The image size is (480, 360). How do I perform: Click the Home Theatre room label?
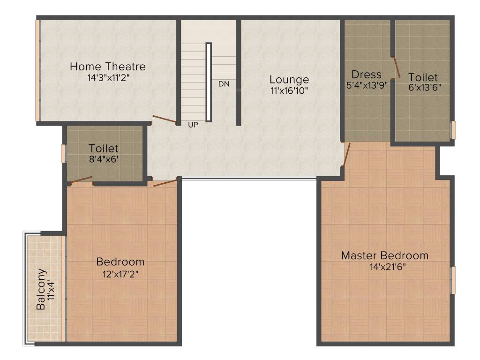[108, 67]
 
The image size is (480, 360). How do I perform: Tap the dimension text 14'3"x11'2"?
[108, 78]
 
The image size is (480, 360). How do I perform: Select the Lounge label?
[289, 80]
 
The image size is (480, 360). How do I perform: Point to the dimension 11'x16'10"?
[289, 90]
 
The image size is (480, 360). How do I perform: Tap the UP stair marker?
[193, 125]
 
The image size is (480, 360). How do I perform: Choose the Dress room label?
[367, 75]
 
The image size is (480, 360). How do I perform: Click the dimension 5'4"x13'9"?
[367, 85]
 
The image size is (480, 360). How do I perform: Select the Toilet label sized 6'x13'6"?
[423, 77]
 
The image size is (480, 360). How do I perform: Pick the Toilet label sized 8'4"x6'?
[104, 149]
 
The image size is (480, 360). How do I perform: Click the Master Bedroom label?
[384, 255]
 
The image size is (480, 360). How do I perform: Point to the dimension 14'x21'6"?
[384, 267]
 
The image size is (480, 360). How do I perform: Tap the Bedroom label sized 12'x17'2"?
[120, 262]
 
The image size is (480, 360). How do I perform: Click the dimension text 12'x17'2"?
[120, 273]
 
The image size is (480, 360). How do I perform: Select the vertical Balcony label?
[41, 289]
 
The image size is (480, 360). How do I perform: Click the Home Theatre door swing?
[164, 120]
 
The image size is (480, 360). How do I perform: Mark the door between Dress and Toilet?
[396, 67]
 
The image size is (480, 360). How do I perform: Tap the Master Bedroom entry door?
[346, 155]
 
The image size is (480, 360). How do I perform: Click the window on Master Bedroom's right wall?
[453, 280]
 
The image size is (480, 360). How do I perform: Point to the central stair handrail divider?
[209, 82]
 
